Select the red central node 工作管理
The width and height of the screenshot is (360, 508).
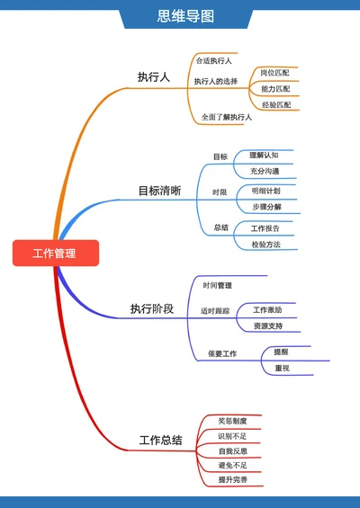[x=54, y=254]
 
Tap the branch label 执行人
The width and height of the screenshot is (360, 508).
[x=153, y=77]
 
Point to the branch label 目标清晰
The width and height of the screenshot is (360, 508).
[x=158, y=191]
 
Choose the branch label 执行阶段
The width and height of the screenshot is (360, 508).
[x=151, y=309]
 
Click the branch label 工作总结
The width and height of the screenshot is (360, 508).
[x=160, y=441]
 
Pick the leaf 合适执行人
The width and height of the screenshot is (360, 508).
[x=214, y=61]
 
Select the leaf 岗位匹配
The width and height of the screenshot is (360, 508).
[x=275, y=73]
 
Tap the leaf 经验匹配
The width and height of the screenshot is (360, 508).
[x=275, y=105]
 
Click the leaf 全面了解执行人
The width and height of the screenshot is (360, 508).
[x=226, y=117]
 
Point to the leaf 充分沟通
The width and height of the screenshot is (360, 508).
[x=265, y=171]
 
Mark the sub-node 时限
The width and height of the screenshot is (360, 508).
[x=220, y=192]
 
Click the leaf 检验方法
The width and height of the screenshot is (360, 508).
[x=266, y=245]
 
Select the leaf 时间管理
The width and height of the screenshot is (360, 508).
[x=217, y=286]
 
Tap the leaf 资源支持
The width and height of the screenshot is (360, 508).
[x=268, y=325]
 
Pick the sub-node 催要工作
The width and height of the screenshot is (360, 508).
[x=221, y=353]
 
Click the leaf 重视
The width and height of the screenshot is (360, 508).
[x=281, y=368]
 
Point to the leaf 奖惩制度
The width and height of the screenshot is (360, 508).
[x=238, y=421]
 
